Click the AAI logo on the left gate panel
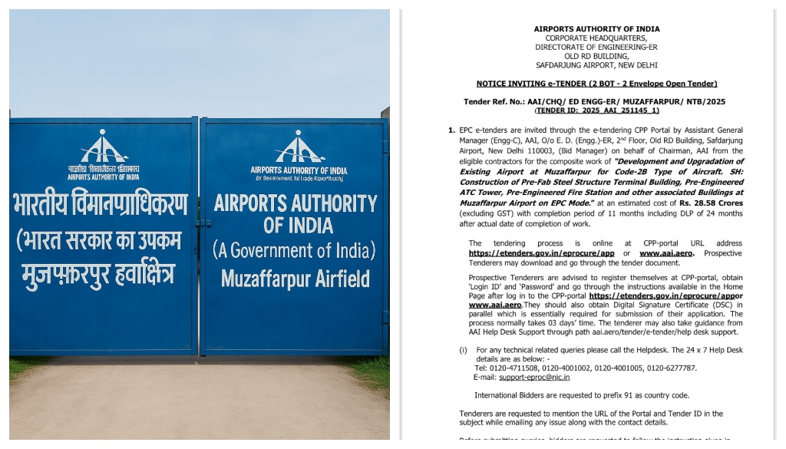tap(104, 148)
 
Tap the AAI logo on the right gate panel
tap(299, 147)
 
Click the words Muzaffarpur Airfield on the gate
tap(296, 279)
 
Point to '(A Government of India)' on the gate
tap(295, 251)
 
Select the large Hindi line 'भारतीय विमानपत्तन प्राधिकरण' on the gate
tap(100, 206)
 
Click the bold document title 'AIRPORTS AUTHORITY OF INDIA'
tap(596, 29)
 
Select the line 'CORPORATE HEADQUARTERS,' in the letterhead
tap(596, 38)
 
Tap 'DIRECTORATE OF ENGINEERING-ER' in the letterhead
tap(596, 48)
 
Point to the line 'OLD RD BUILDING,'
tap(596, 56)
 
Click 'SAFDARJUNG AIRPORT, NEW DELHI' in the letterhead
tap(596, 65)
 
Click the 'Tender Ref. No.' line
tap(594, 101)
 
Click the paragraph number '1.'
tap(451, 130)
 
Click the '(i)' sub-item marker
tap(464, 350)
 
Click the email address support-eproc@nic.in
tap(534, 378)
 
